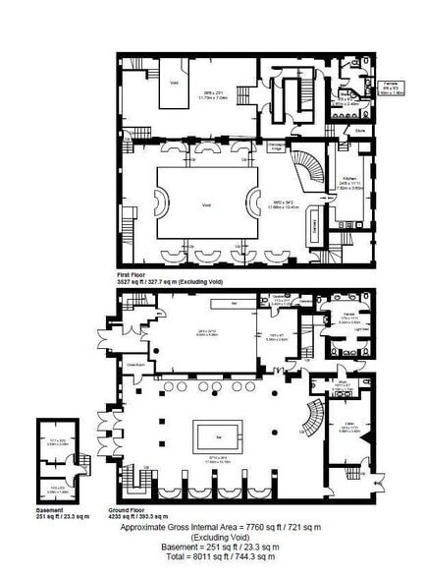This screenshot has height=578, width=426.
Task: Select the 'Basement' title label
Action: click(50, 510)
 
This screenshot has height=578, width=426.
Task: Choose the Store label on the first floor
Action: click(361, 129)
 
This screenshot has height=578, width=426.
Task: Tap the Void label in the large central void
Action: click(206, 204)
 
